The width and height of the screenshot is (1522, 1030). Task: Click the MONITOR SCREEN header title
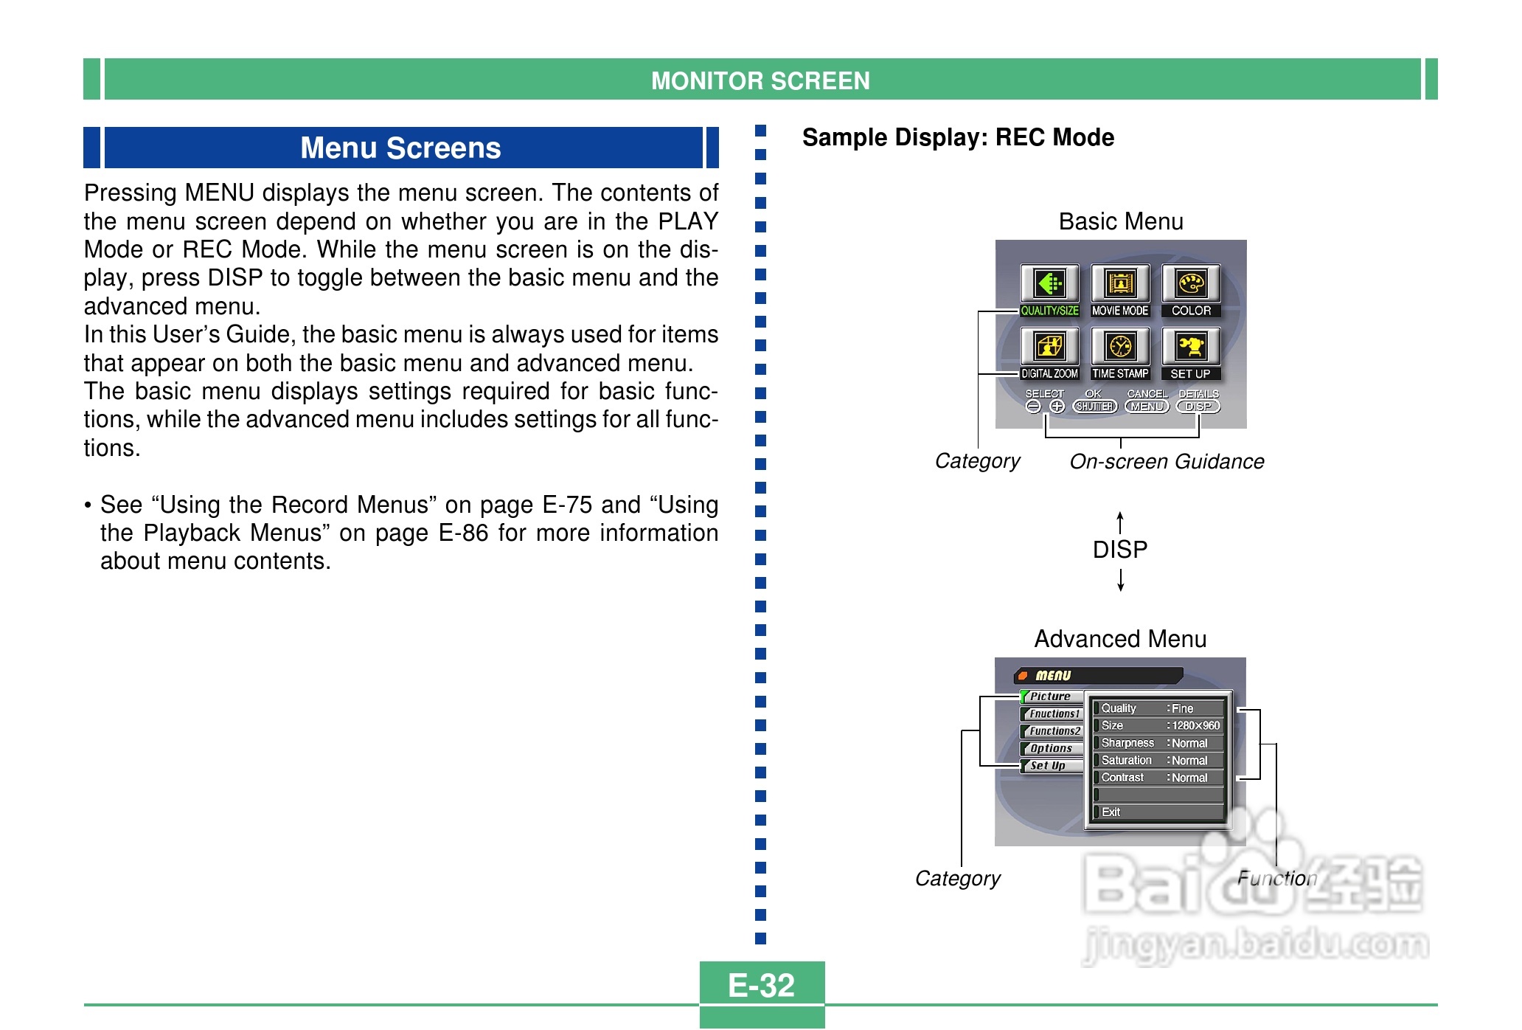(760, 80)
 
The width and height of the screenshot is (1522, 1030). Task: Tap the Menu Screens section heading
(400, 148)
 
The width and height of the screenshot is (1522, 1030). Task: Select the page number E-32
(761, 985)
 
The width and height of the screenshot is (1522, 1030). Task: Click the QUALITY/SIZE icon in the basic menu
(1049, 284)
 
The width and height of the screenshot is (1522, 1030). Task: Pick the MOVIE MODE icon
(1120, 284)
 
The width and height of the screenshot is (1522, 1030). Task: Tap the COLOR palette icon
(1191, 284)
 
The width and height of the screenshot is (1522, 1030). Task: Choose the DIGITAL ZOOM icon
(1049, 347)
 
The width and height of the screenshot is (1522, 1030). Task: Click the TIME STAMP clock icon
(1120, 347)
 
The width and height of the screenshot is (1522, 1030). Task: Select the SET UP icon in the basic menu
(1191, 347)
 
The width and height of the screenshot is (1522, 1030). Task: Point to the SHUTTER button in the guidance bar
(1095, 407)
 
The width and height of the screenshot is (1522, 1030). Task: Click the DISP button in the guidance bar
(1198, 407)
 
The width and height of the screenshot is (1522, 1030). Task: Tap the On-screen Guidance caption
(1167, 462)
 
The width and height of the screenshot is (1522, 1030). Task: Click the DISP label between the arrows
(1120, 550)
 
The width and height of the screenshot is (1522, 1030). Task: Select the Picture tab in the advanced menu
(1052, 697)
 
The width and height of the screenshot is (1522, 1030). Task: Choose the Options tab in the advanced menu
(1052, 748)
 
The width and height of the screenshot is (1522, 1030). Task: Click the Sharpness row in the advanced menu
(1158, 743)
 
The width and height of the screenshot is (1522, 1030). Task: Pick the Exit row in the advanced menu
(1158, 812)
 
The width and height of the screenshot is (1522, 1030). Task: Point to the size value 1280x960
(1195, 726)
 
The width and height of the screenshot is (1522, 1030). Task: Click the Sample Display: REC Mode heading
(958, 138)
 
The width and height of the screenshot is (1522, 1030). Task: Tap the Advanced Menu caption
(1120, 639)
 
